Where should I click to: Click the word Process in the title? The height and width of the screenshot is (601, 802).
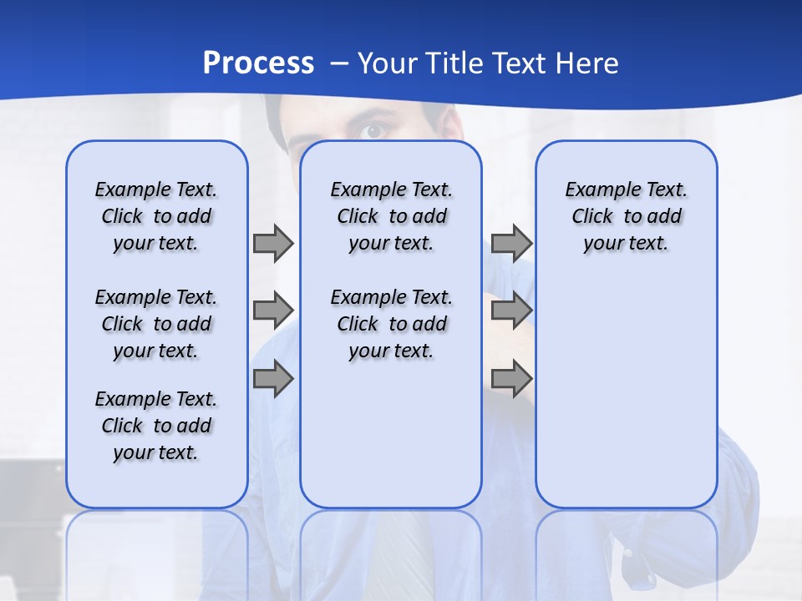(258, 63)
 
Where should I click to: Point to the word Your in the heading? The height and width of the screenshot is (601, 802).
(388, 63)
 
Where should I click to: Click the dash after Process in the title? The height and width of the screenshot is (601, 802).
(339, 63)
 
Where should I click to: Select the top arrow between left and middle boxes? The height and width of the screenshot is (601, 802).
(273, 243)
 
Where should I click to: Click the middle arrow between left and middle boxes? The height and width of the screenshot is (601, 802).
(273, 311)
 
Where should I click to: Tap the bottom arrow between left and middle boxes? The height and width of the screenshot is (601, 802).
(273, 379)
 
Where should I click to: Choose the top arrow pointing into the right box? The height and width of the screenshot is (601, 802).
(511, 243)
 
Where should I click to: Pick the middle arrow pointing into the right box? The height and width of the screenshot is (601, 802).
(511, 311)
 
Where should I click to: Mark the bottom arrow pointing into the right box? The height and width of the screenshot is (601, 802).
(511, 379)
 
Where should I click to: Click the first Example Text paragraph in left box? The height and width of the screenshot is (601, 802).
(156, 216)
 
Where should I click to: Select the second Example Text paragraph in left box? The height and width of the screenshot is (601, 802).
(156, 324)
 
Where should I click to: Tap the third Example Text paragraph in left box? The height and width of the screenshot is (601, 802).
(156, 426)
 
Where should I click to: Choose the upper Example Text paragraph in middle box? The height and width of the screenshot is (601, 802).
(391, 216)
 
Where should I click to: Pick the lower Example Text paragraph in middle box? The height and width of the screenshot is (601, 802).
(391, 324)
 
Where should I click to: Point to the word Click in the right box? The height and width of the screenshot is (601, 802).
(592, 217)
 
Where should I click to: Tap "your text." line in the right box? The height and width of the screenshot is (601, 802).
(626, 244)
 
